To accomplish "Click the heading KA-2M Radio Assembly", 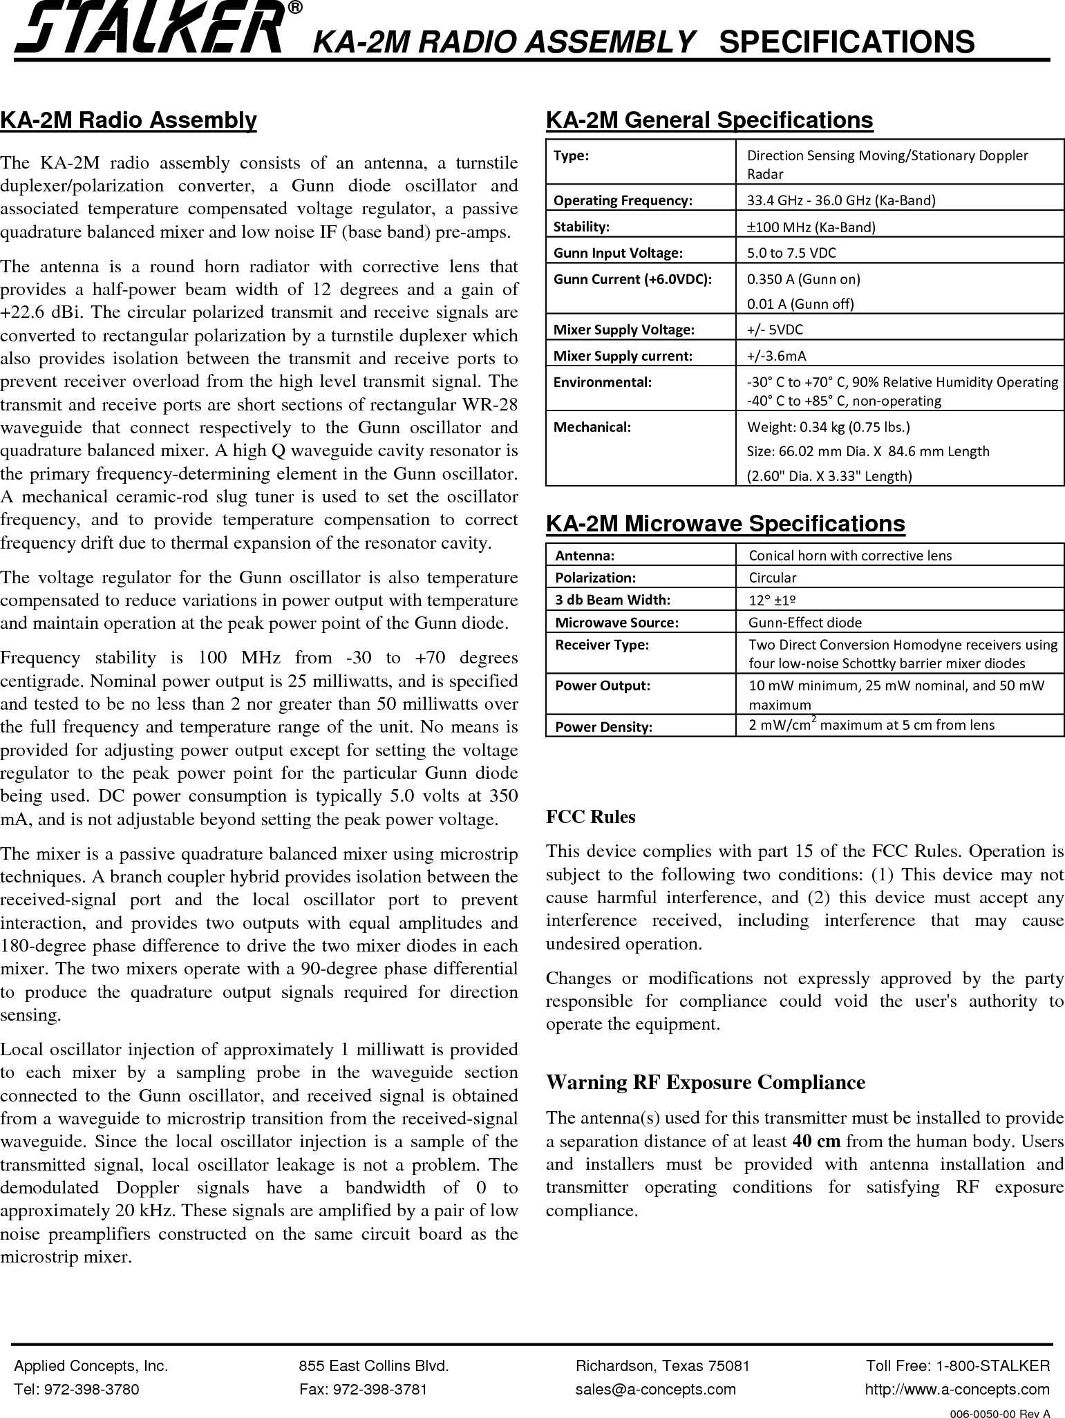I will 129,120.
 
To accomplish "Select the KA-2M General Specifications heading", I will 709,120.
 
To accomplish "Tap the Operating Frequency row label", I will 623,201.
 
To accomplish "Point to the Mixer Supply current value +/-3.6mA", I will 777,357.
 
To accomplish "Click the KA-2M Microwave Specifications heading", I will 725,524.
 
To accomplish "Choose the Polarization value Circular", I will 773,578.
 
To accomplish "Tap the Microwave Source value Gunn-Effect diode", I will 805,623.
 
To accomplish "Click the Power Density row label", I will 604,727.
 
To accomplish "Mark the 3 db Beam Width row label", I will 613,599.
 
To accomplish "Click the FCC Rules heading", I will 590,817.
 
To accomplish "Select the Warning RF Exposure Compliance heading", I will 705,1082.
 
